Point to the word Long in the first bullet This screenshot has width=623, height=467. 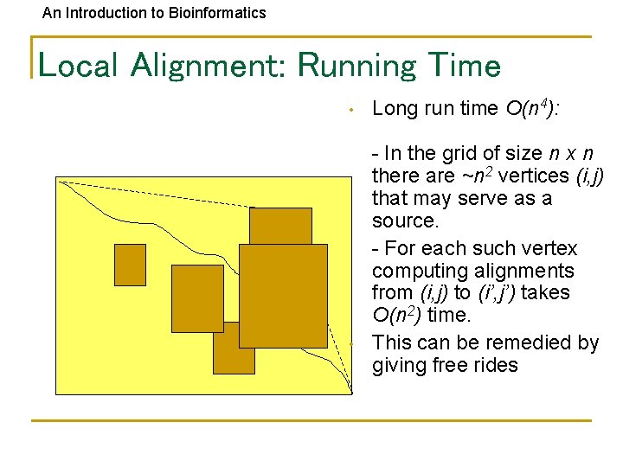[393, 108]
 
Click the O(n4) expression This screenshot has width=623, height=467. [530, 108]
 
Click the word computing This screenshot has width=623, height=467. [414, 271]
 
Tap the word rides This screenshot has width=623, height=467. [495, 366]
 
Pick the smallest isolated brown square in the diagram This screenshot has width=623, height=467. [131, 265]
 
